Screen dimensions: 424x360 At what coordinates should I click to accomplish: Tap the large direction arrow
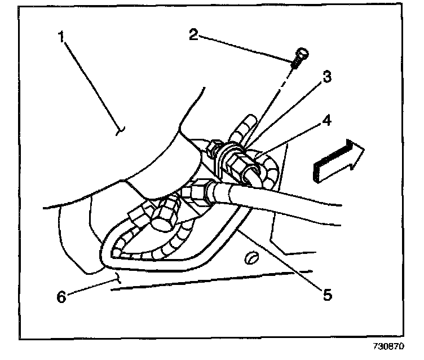(x=337, y=161)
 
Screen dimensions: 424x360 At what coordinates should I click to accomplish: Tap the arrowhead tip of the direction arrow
(x=364, y=150)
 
